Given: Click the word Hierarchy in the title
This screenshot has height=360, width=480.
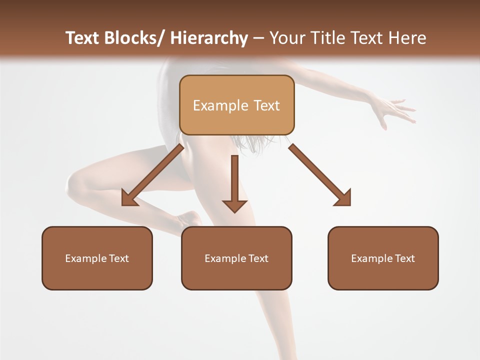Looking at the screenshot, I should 209,38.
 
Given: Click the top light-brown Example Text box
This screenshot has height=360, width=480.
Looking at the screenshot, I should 236,105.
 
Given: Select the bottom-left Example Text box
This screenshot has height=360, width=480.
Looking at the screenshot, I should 97,258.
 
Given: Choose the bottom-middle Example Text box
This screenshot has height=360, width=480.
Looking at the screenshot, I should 236,258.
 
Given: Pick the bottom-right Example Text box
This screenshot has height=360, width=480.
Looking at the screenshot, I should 383,258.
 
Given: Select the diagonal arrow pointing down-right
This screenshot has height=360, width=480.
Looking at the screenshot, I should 320,175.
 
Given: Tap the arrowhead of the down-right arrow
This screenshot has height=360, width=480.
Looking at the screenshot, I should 342,197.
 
